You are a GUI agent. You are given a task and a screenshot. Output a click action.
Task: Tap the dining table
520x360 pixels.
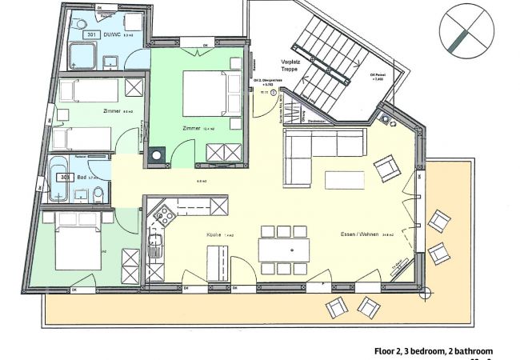click(282, 250)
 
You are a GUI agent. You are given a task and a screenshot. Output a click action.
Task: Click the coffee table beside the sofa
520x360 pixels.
click(344, 180)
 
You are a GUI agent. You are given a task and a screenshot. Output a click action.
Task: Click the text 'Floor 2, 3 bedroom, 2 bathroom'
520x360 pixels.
click(434, 350)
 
